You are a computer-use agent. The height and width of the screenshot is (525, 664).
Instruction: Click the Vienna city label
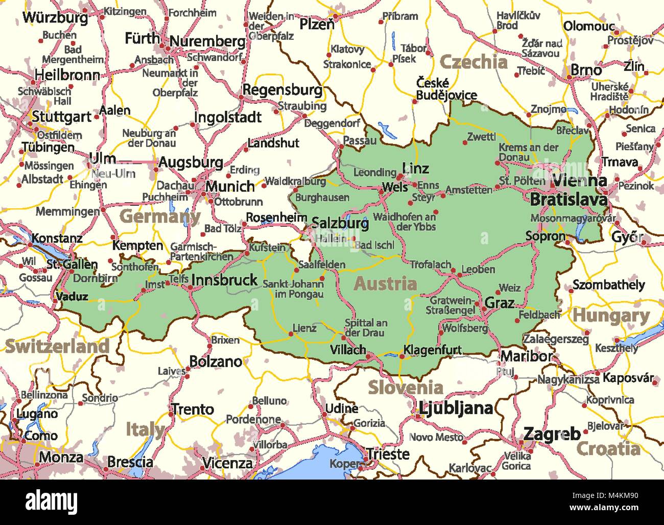point(580,180)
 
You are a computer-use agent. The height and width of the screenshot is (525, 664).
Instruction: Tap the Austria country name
point(386,284)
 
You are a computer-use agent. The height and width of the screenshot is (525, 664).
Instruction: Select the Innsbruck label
point(224,280)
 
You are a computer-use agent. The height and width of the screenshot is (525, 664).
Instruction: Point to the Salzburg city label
point(340,223)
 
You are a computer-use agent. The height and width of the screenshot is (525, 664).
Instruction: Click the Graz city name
point(499,303)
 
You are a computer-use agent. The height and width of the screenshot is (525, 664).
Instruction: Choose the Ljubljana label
point(456,408)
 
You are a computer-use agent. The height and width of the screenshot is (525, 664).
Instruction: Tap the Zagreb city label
point(552,434)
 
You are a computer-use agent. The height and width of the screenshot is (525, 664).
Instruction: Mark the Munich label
point(230,187)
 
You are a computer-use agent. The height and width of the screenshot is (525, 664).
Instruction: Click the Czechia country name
point(473,62)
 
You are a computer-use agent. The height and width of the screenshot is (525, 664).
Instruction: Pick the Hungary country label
point(610,316)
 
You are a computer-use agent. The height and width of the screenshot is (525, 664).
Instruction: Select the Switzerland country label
point(57,346)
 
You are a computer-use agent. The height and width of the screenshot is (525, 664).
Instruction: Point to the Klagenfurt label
point(432,350)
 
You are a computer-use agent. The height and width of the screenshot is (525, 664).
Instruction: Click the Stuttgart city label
point(61,117)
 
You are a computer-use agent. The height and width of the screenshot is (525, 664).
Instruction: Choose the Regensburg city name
point(282,90)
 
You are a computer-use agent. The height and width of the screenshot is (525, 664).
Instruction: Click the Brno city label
point(586,69)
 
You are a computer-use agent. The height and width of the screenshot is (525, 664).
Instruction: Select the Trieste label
point(388,454)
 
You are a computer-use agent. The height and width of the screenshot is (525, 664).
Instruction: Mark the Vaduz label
point(72,296)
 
